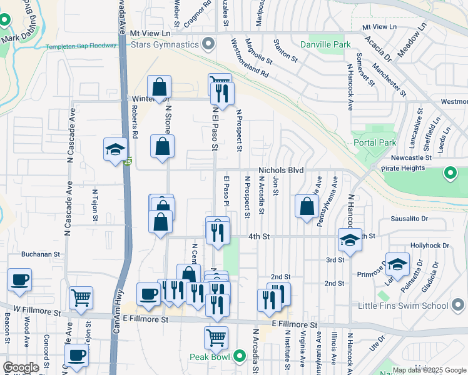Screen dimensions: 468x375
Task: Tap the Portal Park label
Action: [x=379, y=142]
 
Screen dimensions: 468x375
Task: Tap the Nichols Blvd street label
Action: [x=281, y=170]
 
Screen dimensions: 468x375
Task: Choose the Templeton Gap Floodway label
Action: [x=81, y=47]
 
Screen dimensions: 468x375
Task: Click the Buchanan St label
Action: [x=40, y=255]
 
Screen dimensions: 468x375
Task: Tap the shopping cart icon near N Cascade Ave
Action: [x=81, y=297]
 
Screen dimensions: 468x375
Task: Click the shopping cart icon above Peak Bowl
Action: [x=216, y=337]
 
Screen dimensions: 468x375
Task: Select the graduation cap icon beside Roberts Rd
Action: [x=115, y=149]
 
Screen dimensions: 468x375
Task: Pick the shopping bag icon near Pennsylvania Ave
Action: [x=307, y=206]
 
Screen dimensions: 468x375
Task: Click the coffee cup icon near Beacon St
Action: [x=19, y=279]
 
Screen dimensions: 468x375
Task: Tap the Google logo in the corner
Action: [x=21, y=367]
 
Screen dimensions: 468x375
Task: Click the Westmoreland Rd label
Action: [x=249, y=59]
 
